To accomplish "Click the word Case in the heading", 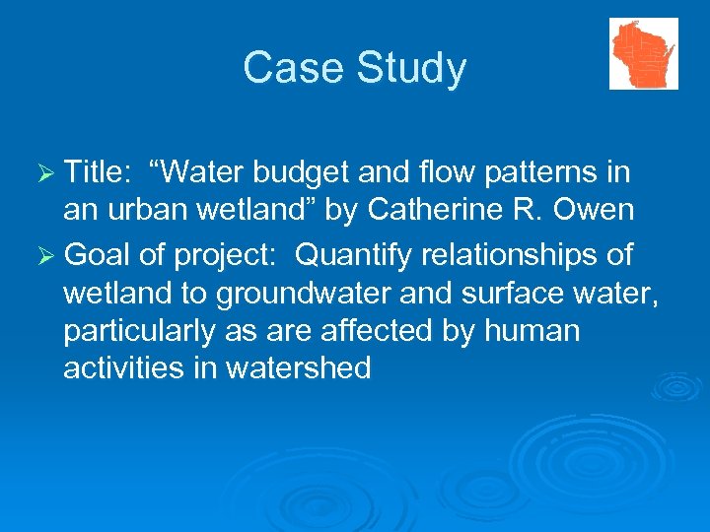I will (x=287, y=69).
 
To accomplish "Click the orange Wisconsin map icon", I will (x=643, y=53).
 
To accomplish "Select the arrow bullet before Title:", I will (x=45, y=174).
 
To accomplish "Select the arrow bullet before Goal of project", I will (x=45, y=255).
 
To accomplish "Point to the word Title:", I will (x=99, y=173).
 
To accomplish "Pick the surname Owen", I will (x=596, y=211).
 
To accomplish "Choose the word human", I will (x=532, y=331).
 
